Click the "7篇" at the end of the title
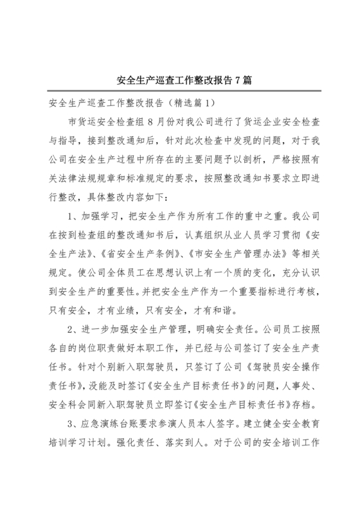[x=240, y=81]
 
